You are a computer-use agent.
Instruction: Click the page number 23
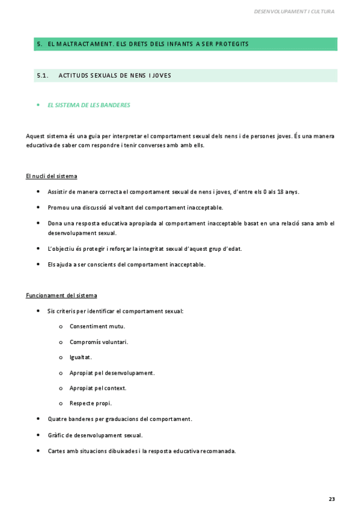(x=332, y=499)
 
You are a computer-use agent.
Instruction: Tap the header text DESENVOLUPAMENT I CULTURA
(x=294, y=11)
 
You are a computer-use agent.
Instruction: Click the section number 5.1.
(x=42, y=76)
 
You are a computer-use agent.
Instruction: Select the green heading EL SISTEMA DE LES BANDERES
(x=89, y=105)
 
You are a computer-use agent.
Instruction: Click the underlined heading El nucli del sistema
(x=52, y=176)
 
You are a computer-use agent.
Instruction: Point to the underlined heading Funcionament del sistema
(x=61, y=295)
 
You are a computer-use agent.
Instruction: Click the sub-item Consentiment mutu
(x=97, y=327)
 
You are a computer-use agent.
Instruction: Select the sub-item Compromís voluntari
(x=99, y=342)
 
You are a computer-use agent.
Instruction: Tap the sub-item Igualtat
(x=81, y=357)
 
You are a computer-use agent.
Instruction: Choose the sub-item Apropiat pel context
(x=98, y=388)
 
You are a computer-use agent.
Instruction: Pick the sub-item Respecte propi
(x=91, y=403)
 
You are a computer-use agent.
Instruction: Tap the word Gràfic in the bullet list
(x=56, y=435)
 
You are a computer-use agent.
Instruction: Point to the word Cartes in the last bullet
(x=56, y=450)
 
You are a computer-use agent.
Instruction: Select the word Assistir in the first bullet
(x=58, y=192)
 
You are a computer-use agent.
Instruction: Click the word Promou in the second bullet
(x=58, y=207)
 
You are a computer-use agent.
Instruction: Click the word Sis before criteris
(x=52, y=311)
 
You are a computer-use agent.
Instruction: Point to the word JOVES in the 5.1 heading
(x=162, y=76)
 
